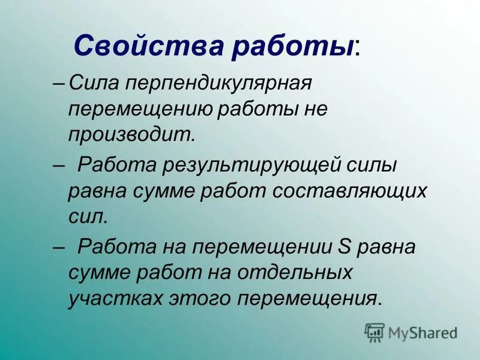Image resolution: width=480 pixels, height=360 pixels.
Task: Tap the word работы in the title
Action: [x=287, y=46]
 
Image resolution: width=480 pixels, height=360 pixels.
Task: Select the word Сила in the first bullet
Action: [x=91, y=82]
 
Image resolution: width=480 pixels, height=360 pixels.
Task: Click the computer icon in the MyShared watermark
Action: [x=375, y=332]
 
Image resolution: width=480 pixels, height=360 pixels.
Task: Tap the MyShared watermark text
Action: [x=422, y=332]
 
